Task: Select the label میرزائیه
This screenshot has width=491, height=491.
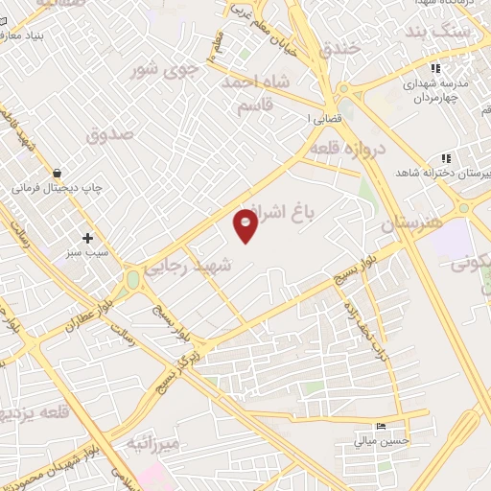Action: pos(152,444)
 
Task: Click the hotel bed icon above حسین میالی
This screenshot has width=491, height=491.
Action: pos(383,426)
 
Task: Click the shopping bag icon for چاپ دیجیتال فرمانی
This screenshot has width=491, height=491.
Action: pos(58,174)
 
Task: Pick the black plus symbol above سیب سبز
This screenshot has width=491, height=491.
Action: pos(88,237)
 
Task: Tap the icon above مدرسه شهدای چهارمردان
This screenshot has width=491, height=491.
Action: pos(435,68)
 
